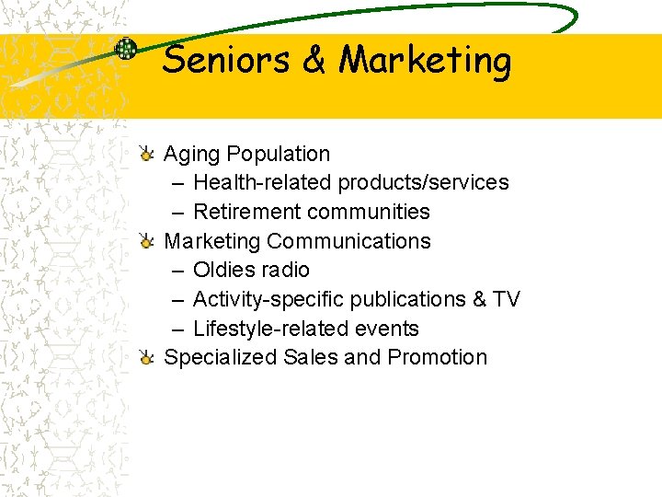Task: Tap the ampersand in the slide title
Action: click(x=314, y=61)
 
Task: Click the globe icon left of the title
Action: click(x=125, y=49)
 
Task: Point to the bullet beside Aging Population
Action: click(x=146, y=154)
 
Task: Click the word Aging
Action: click(x=191, y=155)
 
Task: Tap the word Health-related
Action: click(x=262, y=182)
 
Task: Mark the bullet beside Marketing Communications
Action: click(x=146, y=241)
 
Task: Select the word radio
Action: click(x=285, y=270)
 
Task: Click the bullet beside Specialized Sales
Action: click(x=146, y=358)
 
